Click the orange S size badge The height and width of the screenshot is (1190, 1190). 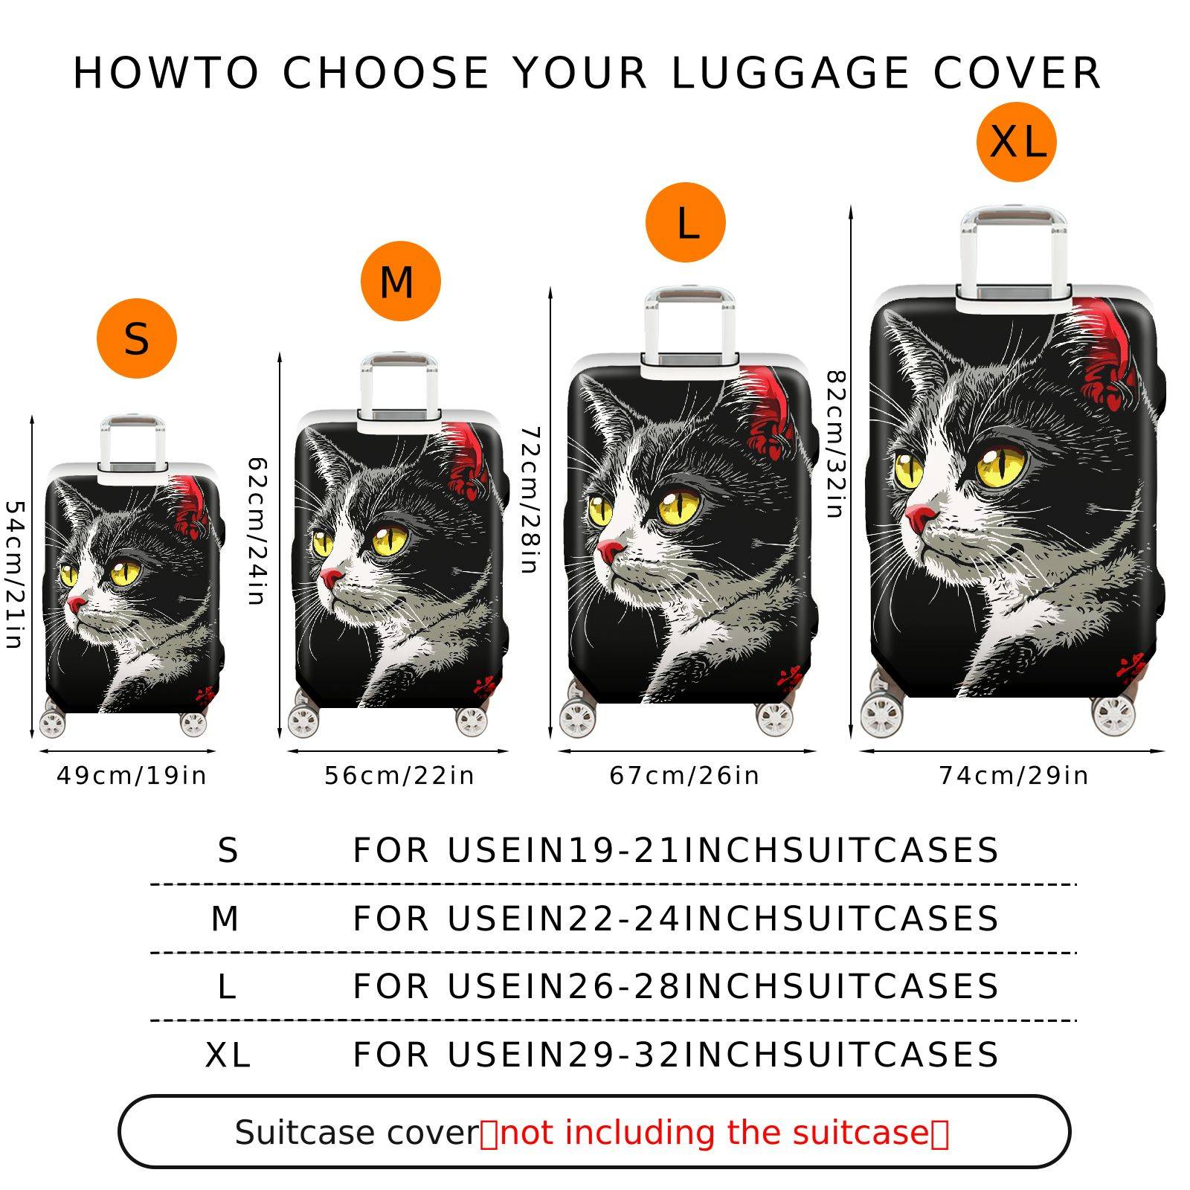tap(137, 338)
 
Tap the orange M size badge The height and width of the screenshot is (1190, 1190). tap(400, 281)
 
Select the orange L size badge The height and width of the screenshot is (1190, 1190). tap(685, 222)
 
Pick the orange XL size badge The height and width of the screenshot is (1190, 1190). tap(1016, 141)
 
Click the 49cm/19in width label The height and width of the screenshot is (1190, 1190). tap(132, 776)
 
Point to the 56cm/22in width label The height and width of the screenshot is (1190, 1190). tap(399, 776)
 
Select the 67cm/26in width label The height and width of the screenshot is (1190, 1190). tap(684, 776)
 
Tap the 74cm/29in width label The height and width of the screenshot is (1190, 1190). tap(1014, 776)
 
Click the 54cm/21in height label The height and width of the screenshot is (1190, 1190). tap(14, 574)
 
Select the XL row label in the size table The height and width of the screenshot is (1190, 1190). tap(228, 1055)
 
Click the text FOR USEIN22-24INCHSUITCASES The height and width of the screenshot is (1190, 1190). tap(675, 919)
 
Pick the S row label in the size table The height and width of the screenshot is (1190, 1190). tap(228, 850)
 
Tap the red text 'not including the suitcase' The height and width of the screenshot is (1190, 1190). tap(715, 1133)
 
